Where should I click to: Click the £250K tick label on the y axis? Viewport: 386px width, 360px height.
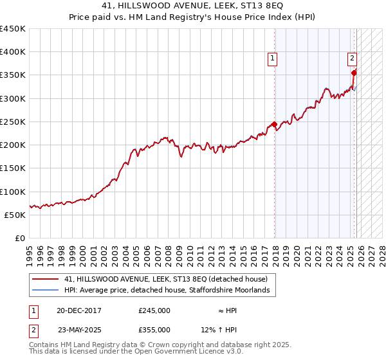click(x=13, y=122)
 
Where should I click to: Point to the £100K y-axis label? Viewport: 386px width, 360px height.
click(x=13, y=192)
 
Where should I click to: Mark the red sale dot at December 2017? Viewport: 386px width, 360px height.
click(x=274, y=124)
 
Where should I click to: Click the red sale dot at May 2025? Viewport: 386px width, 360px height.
click(x=354, y=73)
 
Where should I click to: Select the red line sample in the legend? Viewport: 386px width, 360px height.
click(x=45, y=279)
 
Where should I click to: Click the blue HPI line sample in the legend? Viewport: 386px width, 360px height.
click(x=45, y=291)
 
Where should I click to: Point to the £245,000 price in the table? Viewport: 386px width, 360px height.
click(x=154, y=310)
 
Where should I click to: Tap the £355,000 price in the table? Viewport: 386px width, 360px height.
click(x=154, y=329)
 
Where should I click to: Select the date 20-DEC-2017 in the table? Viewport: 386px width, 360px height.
click(x=78, y=310)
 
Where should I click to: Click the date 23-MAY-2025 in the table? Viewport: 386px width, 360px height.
click(x=79, y=329)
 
